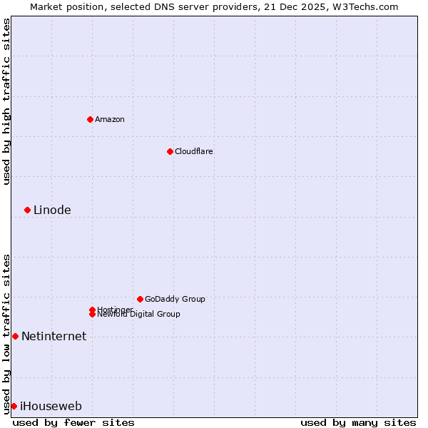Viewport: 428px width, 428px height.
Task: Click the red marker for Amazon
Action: pyautogui.click(x=90, y=119)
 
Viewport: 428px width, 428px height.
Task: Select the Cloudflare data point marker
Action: pyautogui.click(x=170, y=151)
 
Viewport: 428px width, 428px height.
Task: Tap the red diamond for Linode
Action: pyautogui.click(x=27, y=210)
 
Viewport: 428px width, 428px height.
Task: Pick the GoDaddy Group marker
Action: pyautogui.click(x=140, y=299)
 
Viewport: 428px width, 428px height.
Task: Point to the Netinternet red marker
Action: pyautogui.click(x=15, y=336)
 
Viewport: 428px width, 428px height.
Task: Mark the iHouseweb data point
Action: pyautogui.click(x=14, y=406)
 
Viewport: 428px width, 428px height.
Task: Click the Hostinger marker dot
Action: pyautogui.click(x=92, y=310)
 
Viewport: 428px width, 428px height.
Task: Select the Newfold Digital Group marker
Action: pyautogui.click(x=93, y=314)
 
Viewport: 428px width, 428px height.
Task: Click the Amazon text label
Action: pyautogui.click(x=110, y=119)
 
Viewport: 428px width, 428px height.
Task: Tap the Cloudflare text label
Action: pyautogui.click(x=194, y=151)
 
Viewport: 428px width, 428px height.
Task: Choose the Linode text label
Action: pyautogui.click(x=52, y=210)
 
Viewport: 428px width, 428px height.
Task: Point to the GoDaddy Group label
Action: pyautogui.click(x=175, y=299)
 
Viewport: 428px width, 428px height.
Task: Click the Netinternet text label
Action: pyautogui.click(x=53, y=336)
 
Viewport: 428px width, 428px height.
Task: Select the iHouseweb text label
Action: pyautogui.click(x=51, y=406)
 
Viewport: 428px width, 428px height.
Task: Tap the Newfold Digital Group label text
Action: pyautogui.click(x=138, y=315)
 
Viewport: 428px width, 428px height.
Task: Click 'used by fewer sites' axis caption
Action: pyautogui.click(x=73, y=422)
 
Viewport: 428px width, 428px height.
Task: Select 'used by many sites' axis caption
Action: pyautogui.click(x=358, y=422)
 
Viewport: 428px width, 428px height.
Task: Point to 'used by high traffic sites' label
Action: pyautogui.click(x=6, y=101)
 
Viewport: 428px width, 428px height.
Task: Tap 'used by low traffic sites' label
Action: pyautogui.click(x=6, y=333)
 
